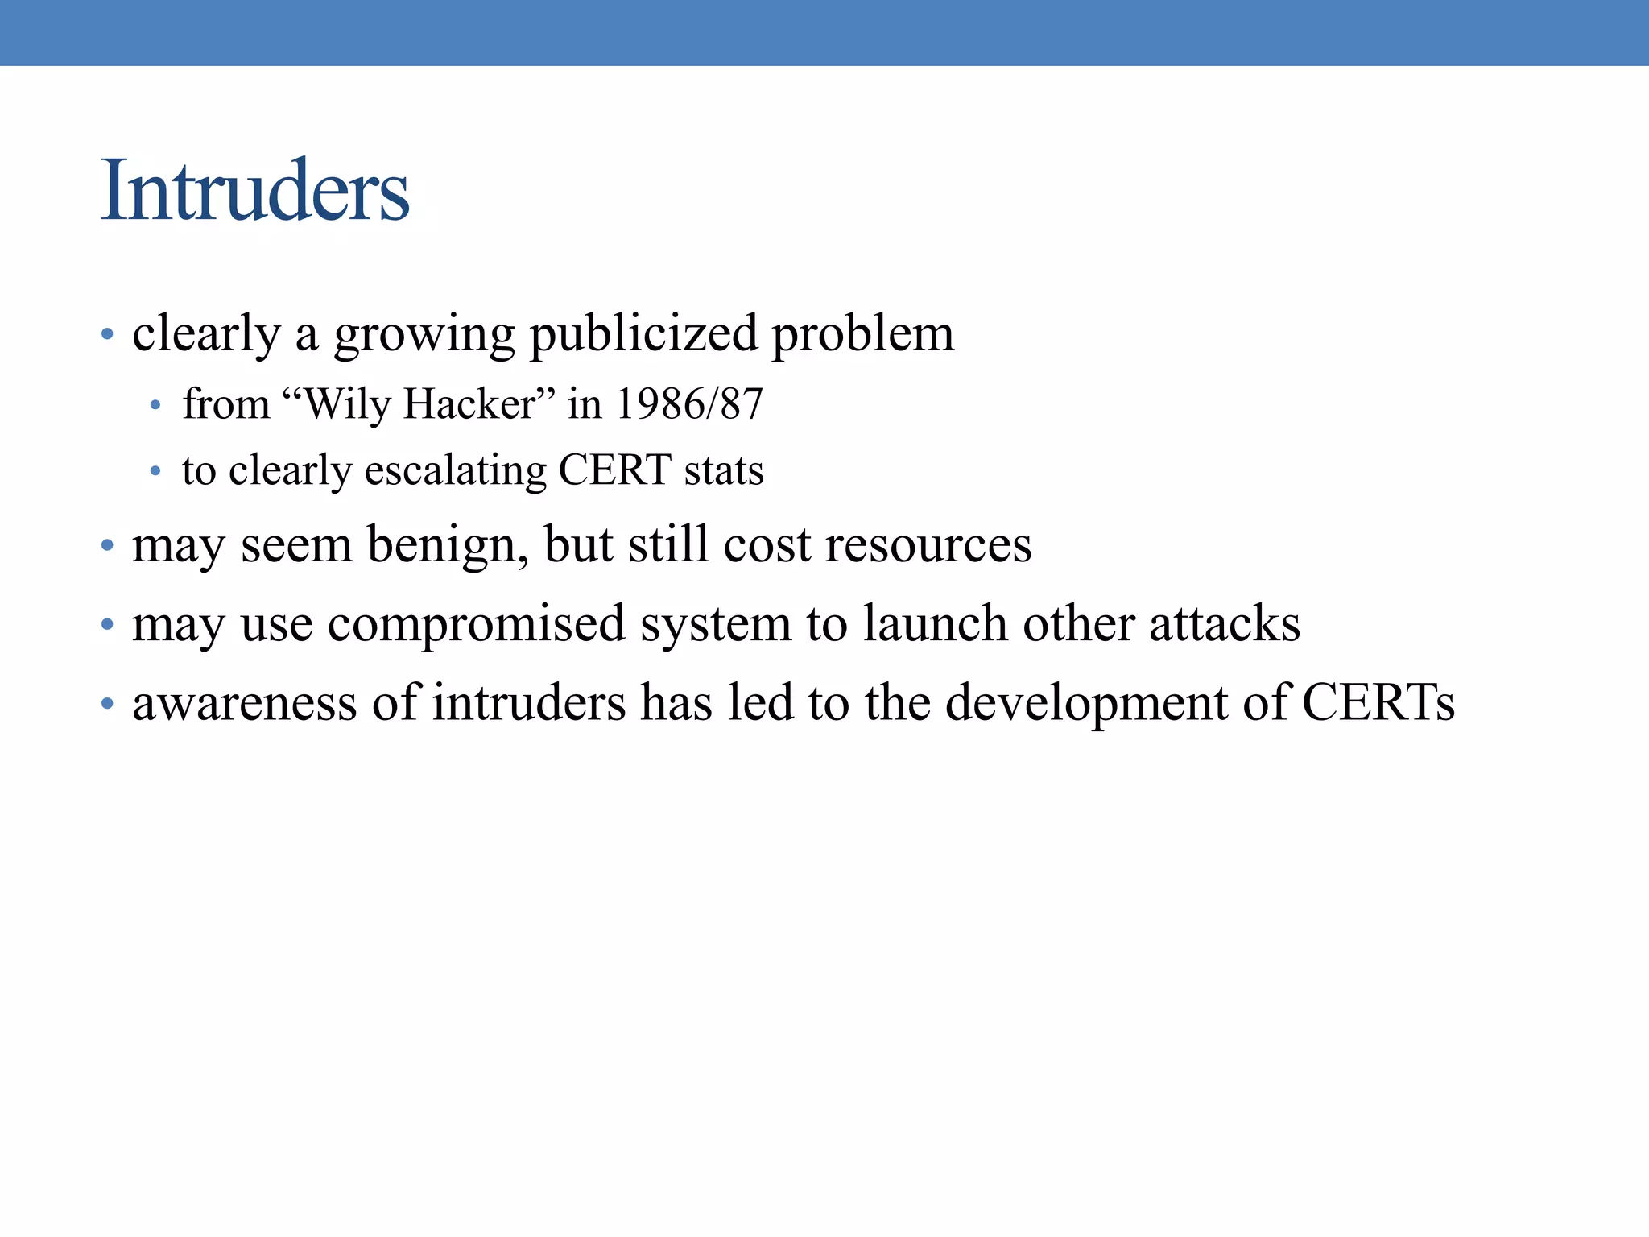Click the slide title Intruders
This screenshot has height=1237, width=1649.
point(254,191)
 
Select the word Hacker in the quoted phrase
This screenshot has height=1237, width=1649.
point(469,403)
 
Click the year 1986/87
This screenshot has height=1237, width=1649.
point(688,403)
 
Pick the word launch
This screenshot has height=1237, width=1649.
point(935,623)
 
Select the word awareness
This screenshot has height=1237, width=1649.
point(244,702)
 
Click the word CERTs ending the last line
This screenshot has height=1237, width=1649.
point(1378,702)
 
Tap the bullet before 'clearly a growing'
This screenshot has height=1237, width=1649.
point(107,334)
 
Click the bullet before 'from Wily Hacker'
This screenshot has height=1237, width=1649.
point(156,405)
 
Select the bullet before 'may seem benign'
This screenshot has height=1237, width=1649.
point(107,546)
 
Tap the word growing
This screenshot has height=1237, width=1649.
point(424,334)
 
